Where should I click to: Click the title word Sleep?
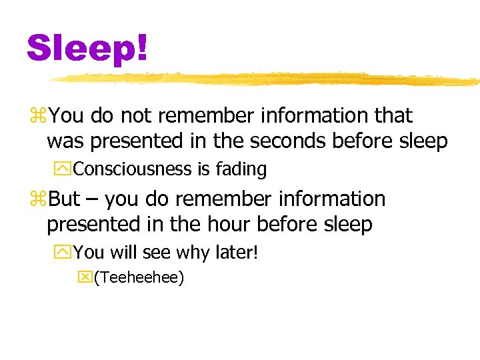coord(87,47)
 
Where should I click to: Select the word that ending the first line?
coord(394,115)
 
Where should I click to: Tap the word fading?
coord(241,170)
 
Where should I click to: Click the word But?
coord(63,199)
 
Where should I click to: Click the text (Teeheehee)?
coord(139,277)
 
